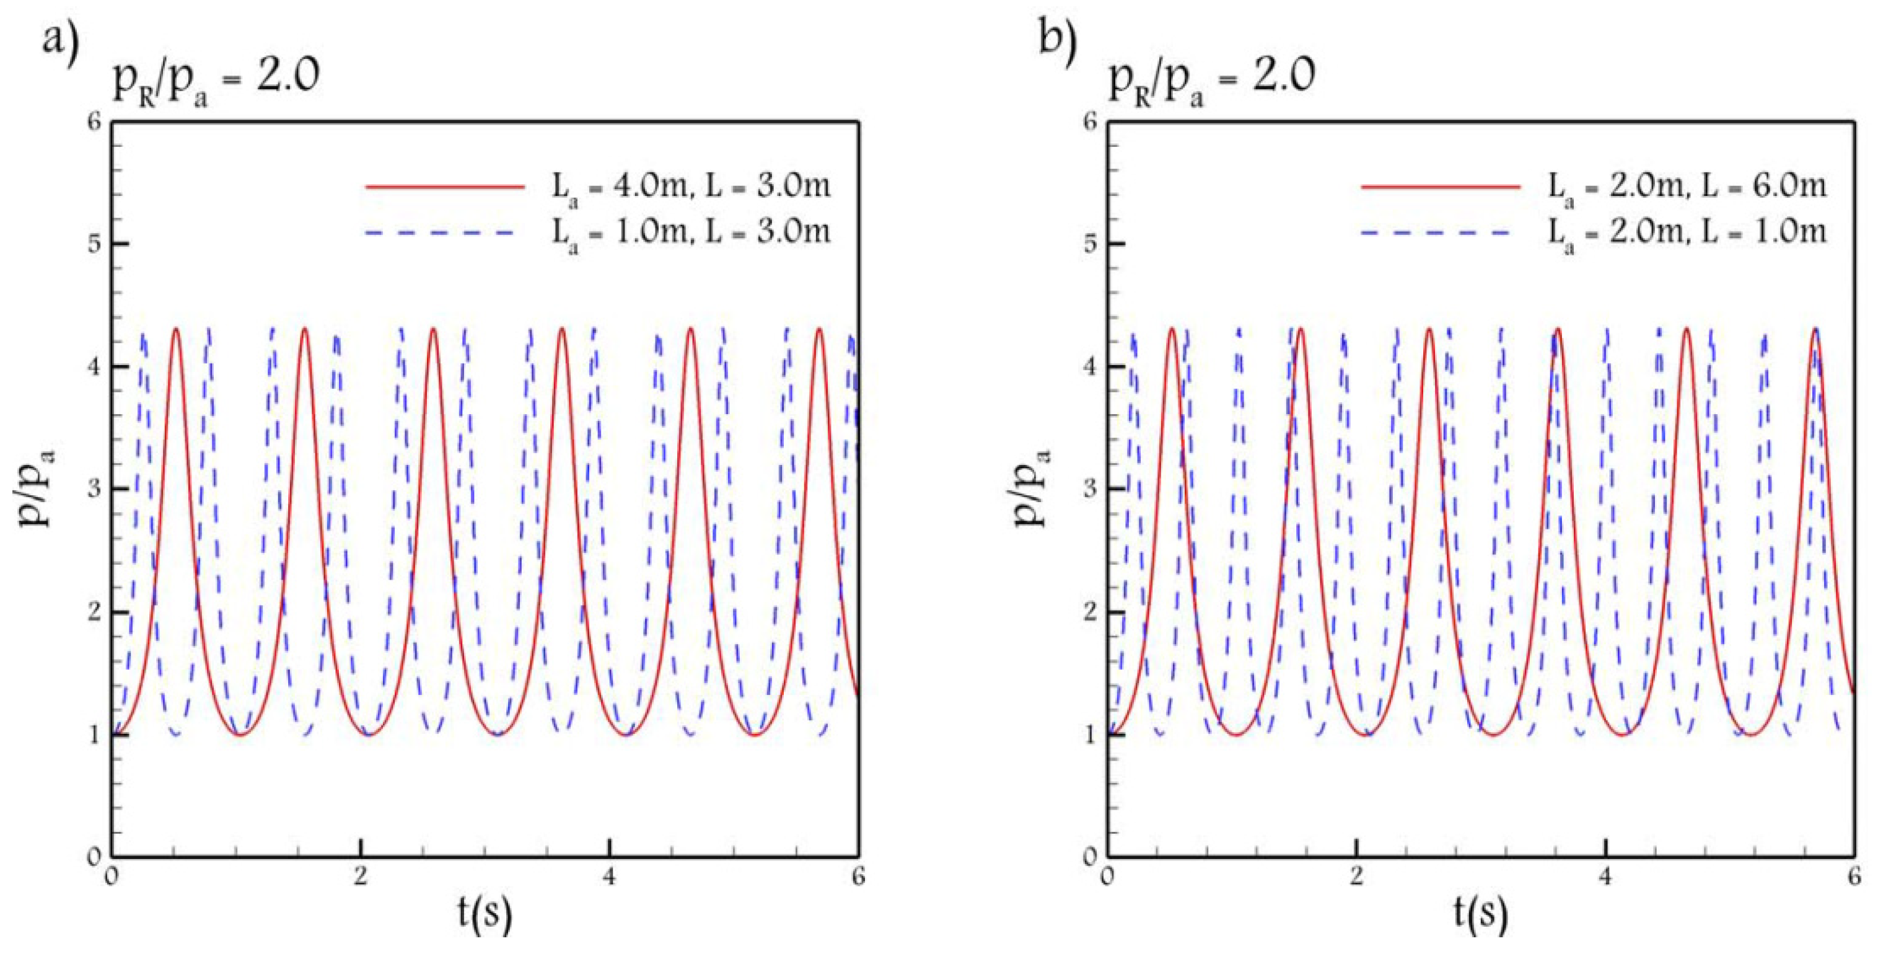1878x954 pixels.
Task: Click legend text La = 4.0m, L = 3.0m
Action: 690,189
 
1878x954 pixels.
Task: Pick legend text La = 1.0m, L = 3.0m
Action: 690,234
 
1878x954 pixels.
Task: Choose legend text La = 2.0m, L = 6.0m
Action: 1687,189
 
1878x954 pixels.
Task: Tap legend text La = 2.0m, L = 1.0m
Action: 1687,234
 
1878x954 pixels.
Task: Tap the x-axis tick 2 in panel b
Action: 1356,875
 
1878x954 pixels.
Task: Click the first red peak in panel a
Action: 176,329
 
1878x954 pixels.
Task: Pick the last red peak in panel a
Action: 820,329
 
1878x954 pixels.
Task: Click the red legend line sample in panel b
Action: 1441,187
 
